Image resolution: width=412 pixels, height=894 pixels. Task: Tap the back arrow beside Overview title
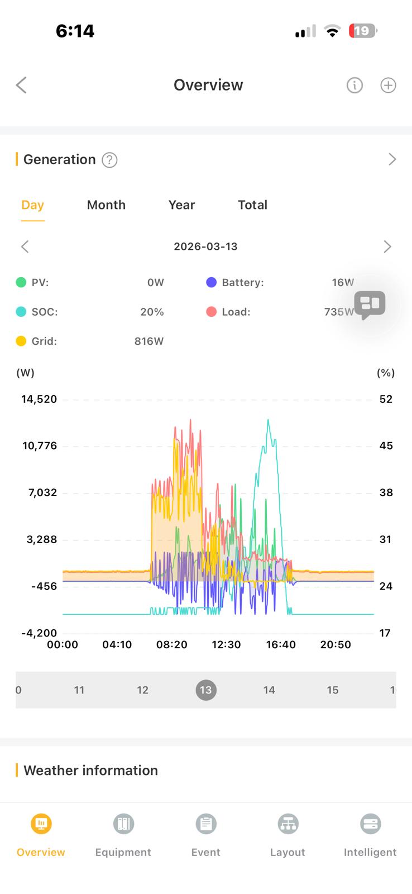click(21, 85)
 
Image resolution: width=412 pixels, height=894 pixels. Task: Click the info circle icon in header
click(354, 85)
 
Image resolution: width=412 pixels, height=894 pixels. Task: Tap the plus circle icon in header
click(388, 85)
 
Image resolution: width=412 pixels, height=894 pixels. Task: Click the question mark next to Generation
click(109, 160)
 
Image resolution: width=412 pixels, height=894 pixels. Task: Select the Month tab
click(106, 205)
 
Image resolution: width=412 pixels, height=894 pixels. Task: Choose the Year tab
click(181, 205)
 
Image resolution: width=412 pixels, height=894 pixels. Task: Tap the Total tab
click(252, 205)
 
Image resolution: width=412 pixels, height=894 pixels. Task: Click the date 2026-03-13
click(205, 246)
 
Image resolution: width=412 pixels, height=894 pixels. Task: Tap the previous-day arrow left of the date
click(25, 246)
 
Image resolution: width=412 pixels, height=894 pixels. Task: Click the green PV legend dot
click(21, 283)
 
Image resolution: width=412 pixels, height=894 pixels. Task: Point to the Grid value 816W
click(149, 341)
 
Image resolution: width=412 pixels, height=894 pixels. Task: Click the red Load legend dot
click(211, 312)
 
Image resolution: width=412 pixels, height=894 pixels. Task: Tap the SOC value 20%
click(152, 312)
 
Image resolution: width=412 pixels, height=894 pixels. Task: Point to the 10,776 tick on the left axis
click(40, 446)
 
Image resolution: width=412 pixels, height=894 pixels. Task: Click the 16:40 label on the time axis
click(281, 644)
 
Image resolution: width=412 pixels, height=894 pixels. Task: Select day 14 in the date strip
click(269, 690)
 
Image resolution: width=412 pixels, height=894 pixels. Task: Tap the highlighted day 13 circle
click(206, 690)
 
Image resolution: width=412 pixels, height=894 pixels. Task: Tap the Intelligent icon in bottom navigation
click(370, 824)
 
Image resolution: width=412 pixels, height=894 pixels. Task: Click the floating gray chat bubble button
click(370, 305)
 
